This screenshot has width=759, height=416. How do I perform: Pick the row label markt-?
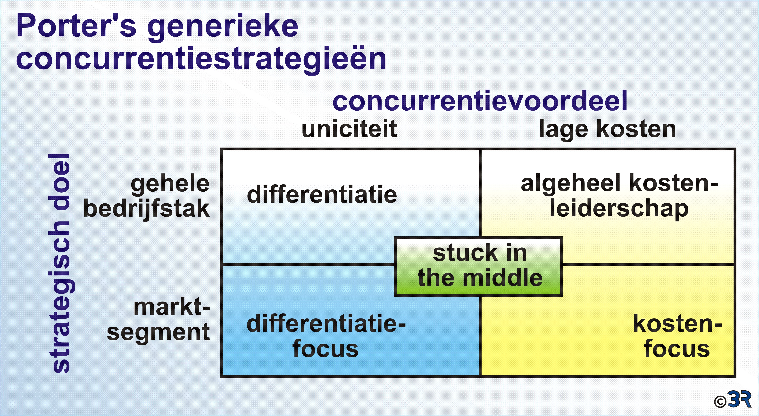coord(172,308)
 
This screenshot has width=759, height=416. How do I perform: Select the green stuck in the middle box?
coord(478,266)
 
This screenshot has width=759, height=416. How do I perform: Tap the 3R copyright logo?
coord(732,400)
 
